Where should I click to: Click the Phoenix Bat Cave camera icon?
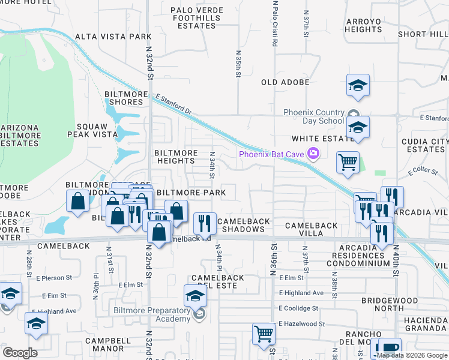[x=313, y=154]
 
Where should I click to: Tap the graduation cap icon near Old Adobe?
[x=358, y=85]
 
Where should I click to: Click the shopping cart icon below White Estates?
[x=348, y=162]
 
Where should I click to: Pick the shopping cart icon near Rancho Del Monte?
[x=264, y=334]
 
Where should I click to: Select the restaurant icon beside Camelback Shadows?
[x=205, y=223]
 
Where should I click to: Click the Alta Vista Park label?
[x=113, y=37]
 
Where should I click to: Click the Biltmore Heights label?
[x=176, y=157]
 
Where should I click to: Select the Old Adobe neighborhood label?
[x=285, y=82]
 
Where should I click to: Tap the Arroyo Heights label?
[x=364, y=25]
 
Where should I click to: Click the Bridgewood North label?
[x=390, y=304]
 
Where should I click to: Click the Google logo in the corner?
[x=20, y=353]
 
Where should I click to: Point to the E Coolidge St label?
[x=298, y=308]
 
